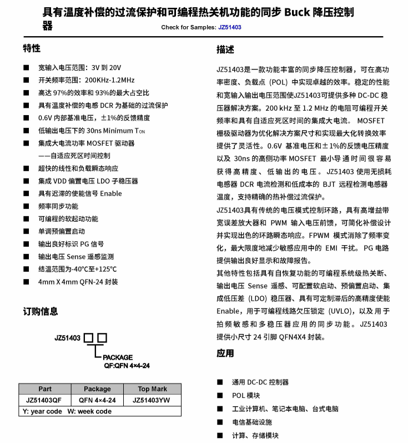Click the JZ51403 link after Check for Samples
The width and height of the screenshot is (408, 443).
229,27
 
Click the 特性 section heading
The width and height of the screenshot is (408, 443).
32,48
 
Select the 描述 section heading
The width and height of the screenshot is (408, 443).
225,50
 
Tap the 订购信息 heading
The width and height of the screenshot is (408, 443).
40,311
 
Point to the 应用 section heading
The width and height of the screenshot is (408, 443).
225,354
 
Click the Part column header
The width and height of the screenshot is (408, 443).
45,389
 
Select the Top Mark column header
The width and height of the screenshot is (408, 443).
152,389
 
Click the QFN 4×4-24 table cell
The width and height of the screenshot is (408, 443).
97,400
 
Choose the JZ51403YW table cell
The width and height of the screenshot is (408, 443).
152,400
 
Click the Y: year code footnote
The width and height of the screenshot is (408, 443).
42,411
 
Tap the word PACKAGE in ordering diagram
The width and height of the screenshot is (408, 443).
118,357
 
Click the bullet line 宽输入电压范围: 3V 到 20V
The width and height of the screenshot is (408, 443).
79,67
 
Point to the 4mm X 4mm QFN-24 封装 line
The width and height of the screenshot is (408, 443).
78,282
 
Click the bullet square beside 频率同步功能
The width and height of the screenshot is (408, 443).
26,206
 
